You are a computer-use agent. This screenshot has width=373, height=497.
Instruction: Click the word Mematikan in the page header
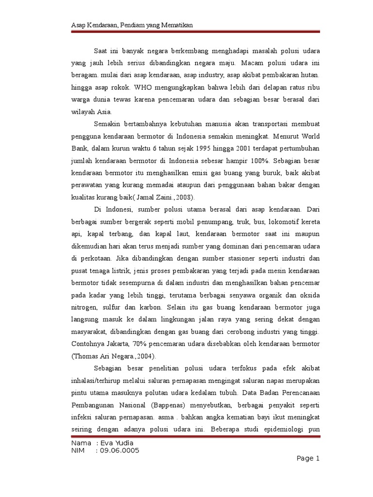click(x=184, y=25)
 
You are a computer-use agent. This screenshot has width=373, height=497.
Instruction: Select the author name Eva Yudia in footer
click(x=116, y=443)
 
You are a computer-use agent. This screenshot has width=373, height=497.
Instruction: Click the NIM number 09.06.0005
click(x=119, y=451)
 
